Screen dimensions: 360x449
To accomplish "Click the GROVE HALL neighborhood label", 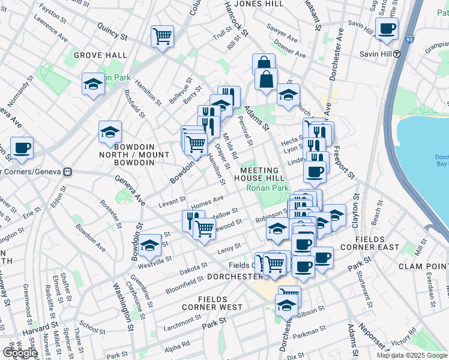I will click(100, 55).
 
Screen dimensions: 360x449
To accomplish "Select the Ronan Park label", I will click(267, 188).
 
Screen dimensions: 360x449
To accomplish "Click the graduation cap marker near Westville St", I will click(149, 245).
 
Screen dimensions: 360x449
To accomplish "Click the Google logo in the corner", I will click(19, 353).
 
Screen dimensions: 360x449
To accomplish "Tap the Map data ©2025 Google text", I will click(412, 355).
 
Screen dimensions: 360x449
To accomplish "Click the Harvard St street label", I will click(34, 329).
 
